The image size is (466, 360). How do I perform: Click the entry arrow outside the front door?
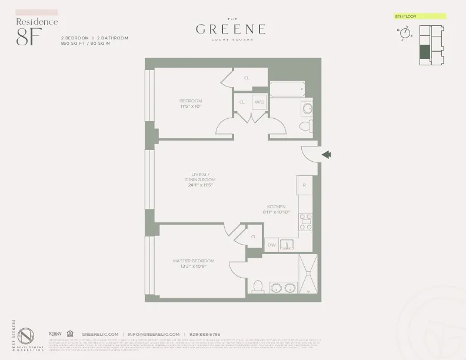click(327, 155)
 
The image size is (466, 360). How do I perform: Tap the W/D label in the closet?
click(259, 102)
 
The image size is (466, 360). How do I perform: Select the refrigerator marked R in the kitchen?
click(304, 185)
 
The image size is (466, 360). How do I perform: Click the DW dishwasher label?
click(271, 245)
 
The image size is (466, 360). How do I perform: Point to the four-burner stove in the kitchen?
click(306, 222)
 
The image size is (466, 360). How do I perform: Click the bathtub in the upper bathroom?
click(287, 89)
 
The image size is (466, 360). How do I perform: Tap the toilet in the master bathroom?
click(257, 287)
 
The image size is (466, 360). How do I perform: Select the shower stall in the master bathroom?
click(308, 274)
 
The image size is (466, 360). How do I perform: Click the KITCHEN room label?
click(276, 207)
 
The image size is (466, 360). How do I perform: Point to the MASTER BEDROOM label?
click(193, 261)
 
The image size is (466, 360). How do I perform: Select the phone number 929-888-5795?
click(205, 334)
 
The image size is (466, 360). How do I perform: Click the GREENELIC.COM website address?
click(99, 334)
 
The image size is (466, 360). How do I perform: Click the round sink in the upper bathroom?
click(307, 108)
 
